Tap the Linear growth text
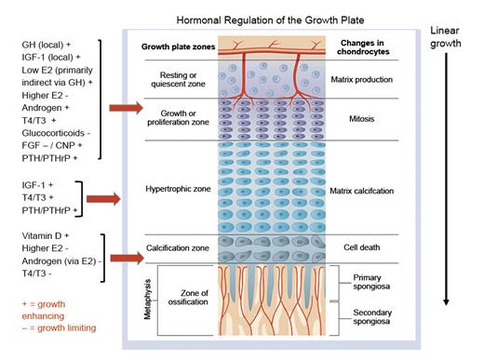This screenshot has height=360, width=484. click(444, 38)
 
